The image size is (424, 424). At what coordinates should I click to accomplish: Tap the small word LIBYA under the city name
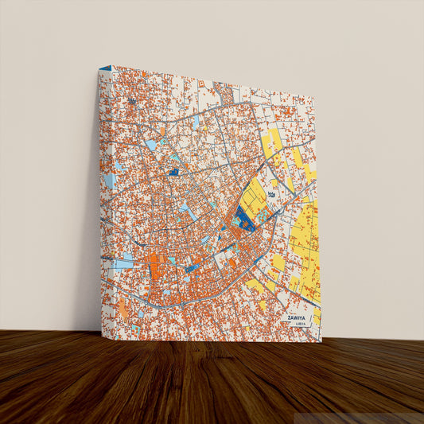pos(300,324)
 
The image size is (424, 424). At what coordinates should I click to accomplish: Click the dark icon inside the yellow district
pos(274,194)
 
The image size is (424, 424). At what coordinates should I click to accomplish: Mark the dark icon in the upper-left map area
pos(132,102)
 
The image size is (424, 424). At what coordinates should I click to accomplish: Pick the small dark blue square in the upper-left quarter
pos(174,172)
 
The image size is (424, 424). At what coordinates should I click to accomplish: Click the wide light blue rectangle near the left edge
pos(123,263)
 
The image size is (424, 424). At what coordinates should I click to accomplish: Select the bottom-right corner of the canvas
pos(321,341)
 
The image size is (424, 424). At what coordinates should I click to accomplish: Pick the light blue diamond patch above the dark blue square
pos(151,146)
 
